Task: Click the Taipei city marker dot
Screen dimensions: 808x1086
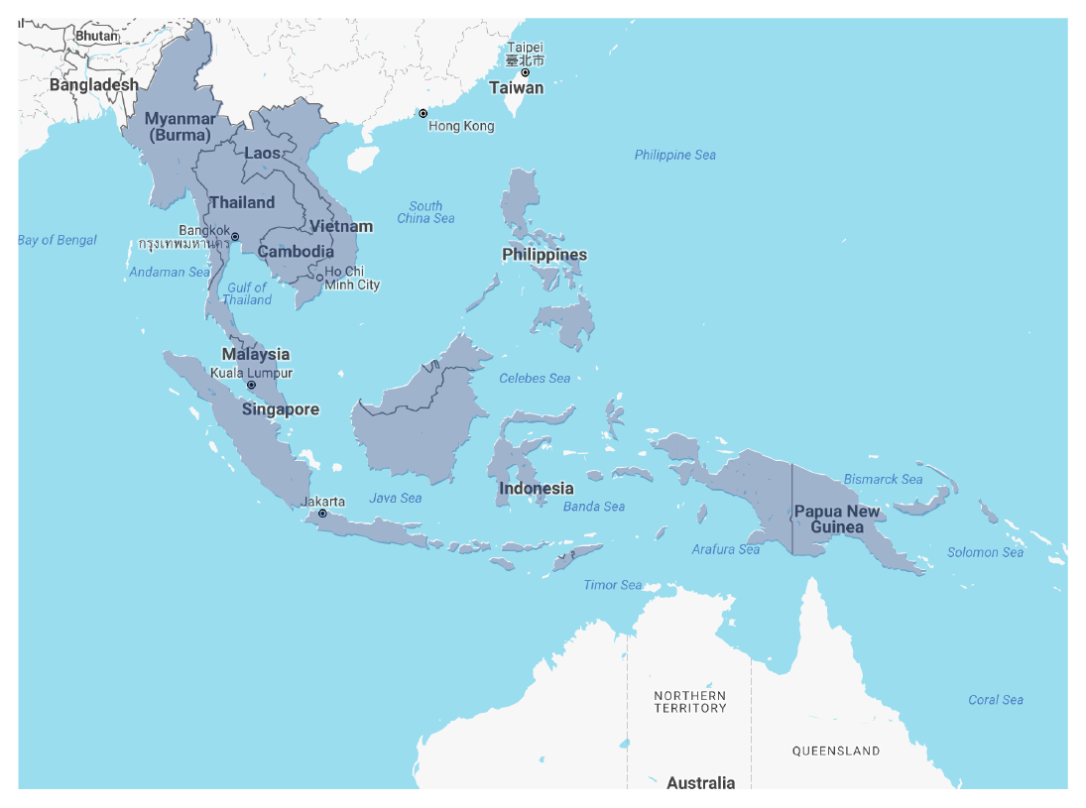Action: click(x=526, y=72)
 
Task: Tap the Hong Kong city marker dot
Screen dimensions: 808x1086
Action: click(x=422, y=114)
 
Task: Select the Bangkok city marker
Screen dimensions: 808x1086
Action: click(x=235, y=237)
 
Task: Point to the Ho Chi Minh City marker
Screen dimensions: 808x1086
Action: click(x=319, y=278)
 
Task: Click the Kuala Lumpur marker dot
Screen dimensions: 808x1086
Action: click(x=251, y=385)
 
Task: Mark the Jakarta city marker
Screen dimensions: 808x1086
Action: click(x=322, y=514)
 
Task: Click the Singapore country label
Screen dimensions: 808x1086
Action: click(x=281, y=409)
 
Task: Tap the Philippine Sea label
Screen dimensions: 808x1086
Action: click(x=674, y=155)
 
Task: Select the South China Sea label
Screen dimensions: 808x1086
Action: click(x=425, y=212)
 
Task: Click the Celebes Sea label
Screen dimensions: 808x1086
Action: click(x=535, y=378)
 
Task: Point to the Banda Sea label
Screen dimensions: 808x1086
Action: click(x=594, y=507)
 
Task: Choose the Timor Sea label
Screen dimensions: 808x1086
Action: click(x=612, y=585)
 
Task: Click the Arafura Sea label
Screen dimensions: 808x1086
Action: click(x=726, y=549)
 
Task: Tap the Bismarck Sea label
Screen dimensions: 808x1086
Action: click(x=883, y=479)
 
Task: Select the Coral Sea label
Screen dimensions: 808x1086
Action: click(x=996, y=700)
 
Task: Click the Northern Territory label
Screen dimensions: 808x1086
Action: click(x=689, y=702)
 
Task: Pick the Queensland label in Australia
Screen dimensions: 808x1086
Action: click(x=835, y=750)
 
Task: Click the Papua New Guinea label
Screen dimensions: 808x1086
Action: click(x=836, y=519)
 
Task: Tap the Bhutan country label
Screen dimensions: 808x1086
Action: click(x=96, y=36)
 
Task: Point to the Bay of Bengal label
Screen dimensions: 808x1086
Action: click(x=58, y=240)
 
